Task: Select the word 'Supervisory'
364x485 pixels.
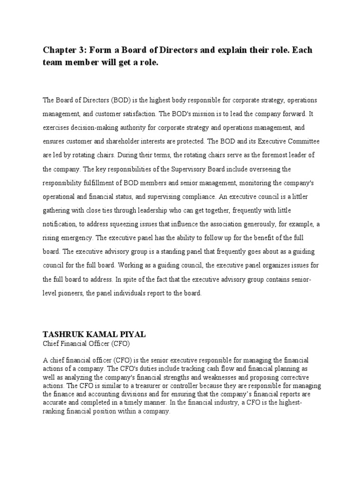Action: (x=183, y=169)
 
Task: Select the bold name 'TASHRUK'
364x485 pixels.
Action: (x=64, y=334)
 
